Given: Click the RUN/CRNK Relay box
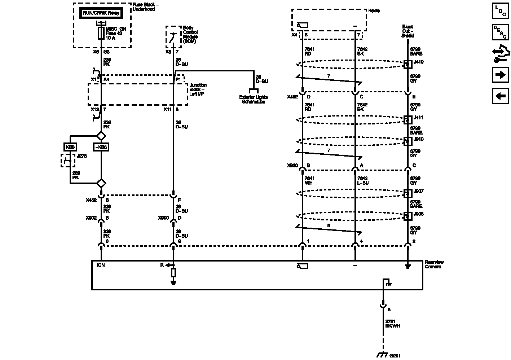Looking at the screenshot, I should click(101, 13).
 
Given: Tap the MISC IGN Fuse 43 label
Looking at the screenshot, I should click(114, 33).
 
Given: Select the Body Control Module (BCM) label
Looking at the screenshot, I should click(190, 35).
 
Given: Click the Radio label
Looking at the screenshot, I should click(374, 11).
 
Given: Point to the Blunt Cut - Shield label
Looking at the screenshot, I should click(408, 31).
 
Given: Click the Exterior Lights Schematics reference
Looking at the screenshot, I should click(254, 99).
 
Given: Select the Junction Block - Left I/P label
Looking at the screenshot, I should click(198, 90).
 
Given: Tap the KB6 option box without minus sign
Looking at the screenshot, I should click(70, 147).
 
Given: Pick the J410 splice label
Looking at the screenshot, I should click(418, 62).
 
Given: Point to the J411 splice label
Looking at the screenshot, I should click(418, 118).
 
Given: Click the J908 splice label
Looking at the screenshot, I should click(418, 214).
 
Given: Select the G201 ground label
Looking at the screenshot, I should click(395, 355).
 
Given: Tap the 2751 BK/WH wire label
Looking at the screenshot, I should click(392, 324).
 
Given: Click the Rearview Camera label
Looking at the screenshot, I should click(434, 264).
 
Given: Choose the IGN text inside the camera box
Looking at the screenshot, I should click(101, 265).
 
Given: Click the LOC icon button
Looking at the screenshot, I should click(501, 10).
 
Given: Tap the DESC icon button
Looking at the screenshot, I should click(501, 32).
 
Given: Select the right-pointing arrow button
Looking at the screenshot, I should click(501, 75).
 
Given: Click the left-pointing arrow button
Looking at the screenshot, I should click(501, 96).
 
